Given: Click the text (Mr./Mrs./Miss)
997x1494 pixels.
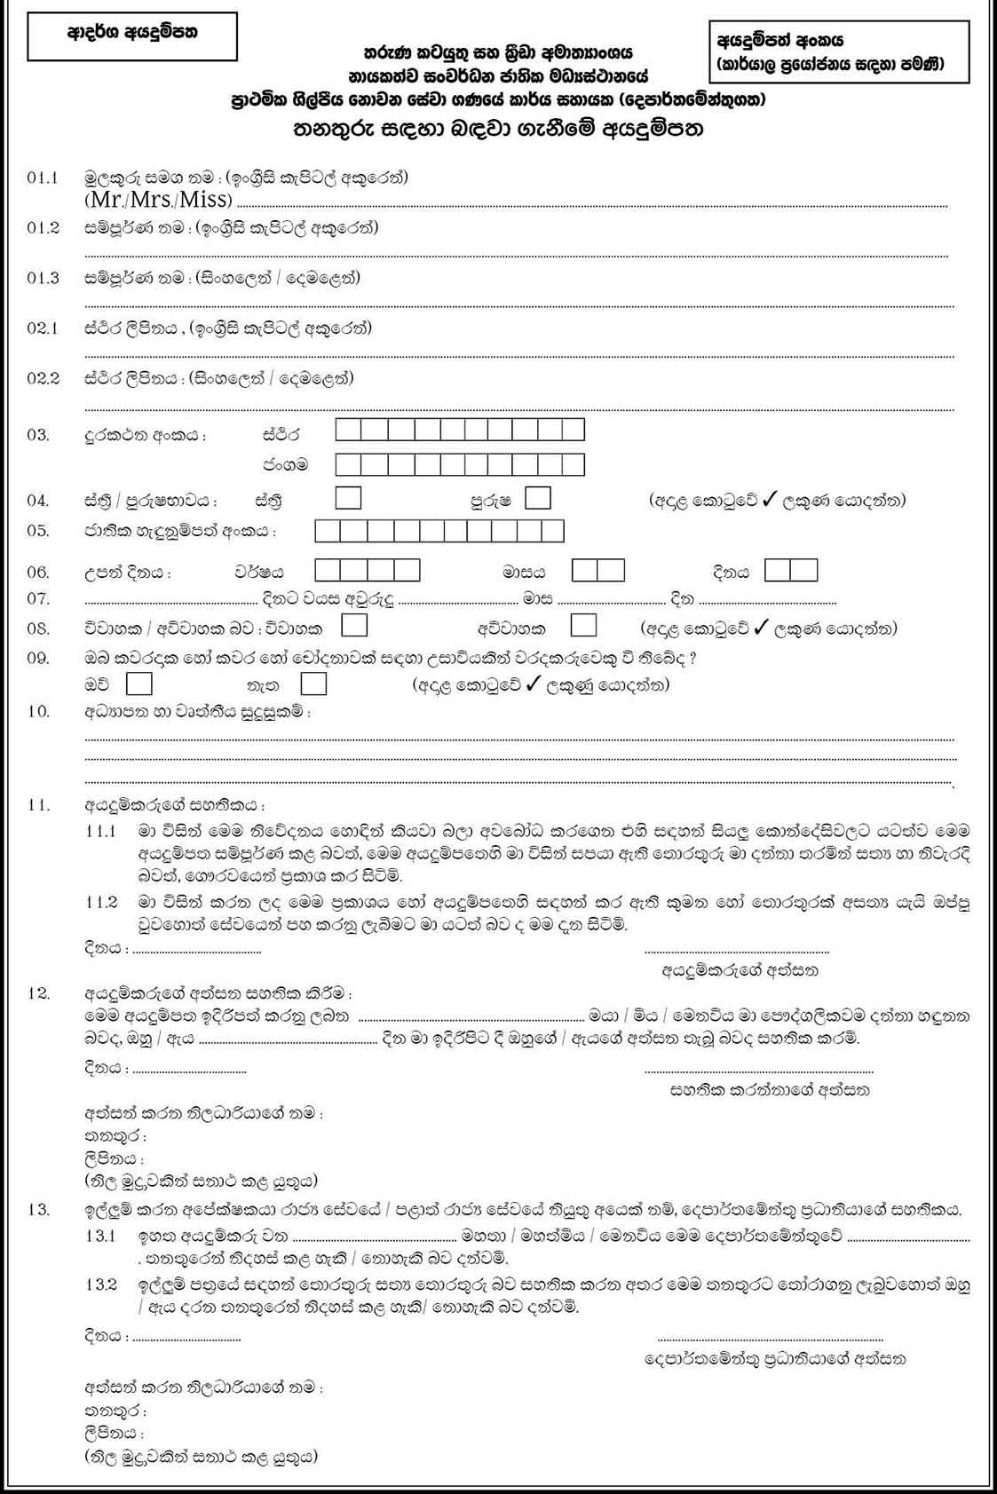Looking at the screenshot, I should click(x=159, y=199).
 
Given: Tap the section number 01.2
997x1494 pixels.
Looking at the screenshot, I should click(x=43, y=228).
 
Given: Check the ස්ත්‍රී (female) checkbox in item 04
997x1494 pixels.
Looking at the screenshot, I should click(x=348, y=498).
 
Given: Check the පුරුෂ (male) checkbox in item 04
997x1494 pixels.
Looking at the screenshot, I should click(x=537, y=498).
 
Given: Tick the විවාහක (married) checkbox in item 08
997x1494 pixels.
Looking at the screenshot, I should click(x=354, y=626).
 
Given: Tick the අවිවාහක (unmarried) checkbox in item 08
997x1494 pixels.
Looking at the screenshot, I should click(x=583, y=626).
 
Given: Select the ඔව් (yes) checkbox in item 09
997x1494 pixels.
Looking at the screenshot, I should click(x=139, y=684).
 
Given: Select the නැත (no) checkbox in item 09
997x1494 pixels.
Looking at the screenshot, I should click(x=313, y=684).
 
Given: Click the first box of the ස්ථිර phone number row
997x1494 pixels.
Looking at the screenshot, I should click(x=348, y=431).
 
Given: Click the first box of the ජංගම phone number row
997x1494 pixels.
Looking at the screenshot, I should click(x=348, y=464).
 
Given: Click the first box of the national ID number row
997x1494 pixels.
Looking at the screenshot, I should click(x=328, y=531).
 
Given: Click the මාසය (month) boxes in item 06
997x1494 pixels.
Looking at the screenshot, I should click(x=597, y=570).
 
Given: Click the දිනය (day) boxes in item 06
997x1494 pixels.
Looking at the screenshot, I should click(x=790, y=570).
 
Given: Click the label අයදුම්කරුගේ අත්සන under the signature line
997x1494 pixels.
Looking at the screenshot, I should click(x=740, y=970).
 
